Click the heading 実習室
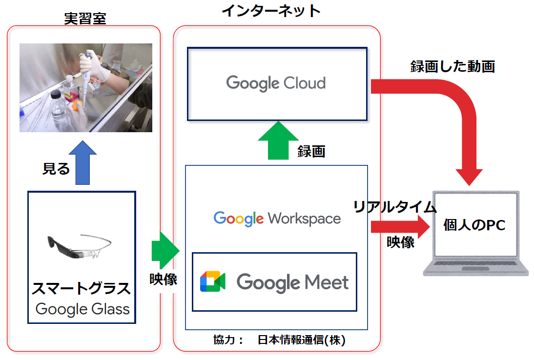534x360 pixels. point(85,19)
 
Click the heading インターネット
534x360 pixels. point(271,11)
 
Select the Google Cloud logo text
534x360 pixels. point(276,83)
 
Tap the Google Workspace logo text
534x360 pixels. point(277,219)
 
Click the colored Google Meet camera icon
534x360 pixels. point(212,281)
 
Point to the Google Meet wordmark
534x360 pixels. point(292,282)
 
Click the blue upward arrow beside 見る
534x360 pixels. point(82,163)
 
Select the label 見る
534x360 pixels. point(56,169)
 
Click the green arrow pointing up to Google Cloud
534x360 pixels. point(278,140)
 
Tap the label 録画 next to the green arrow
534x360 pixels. point(311,151)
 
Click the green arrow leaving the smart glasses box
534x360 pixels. point(165,250)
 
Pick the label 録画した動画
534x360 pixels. point(452,66)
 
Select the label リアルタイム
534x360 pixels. point(395,206)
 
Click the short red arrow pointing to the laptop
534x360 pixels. point(400,227)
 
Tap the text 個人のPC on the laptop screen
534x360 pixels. point(474,225)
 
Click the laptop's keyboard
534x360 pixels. point(475,263)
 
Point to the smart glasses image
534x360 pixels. point(80,246)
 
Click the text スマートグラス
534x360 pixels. point(81,289)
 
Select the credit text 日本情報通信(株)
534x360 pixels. point(301,340)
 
